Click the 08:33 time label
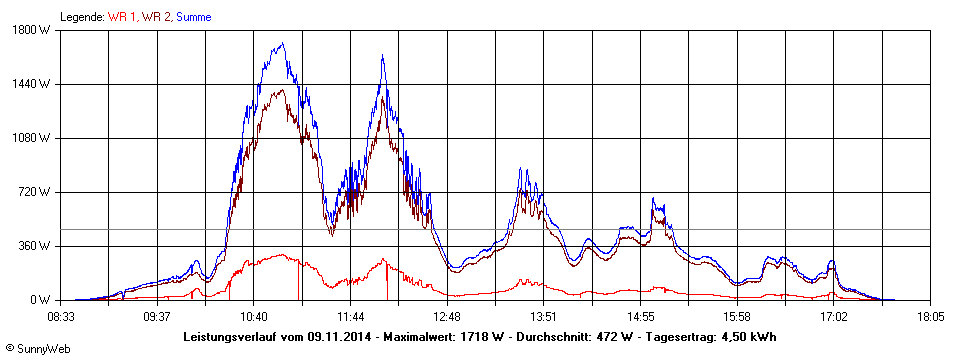point(61,316)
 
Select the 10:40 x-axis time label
point(254,316)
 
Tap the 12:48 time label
point(447,316)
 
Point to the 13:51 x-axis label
point(544,316)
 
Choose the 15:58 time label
point(737,316)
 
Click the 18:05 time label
point(930,316)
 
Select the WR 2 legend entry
point(156,17)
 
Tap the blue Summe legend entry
point(193,17)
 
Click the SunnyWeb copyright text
point(37,349)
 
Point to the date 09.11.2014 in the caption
point(336,336)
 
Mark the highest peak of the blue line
point(283,43)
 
